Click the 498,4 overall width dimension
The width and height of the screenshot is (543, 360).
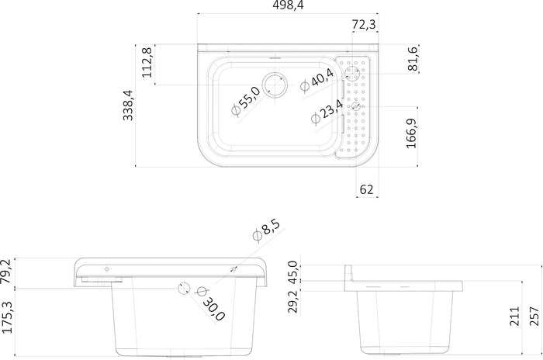(x=288, y=5)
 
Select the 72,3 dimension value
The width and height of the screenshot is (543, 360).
(x=364, y=25)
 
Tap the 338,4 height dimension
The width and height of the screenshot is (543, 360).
(x=128, y=105)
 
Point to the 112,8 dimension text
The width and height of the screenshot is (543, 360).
(x=147, y=62)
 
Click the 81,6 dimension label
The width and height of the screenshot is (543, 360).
(x=413, y=58)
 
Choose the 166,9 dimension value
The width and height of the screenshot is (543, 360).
(x=411, y=133)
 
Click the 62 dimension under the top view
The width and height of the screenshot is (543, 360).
(x=366, y=189)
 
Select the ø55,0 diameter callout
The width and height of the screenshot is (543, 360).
(x=246, y=101)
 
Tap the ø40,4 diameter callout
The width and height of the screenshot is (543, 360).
(x=316, y=80)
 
